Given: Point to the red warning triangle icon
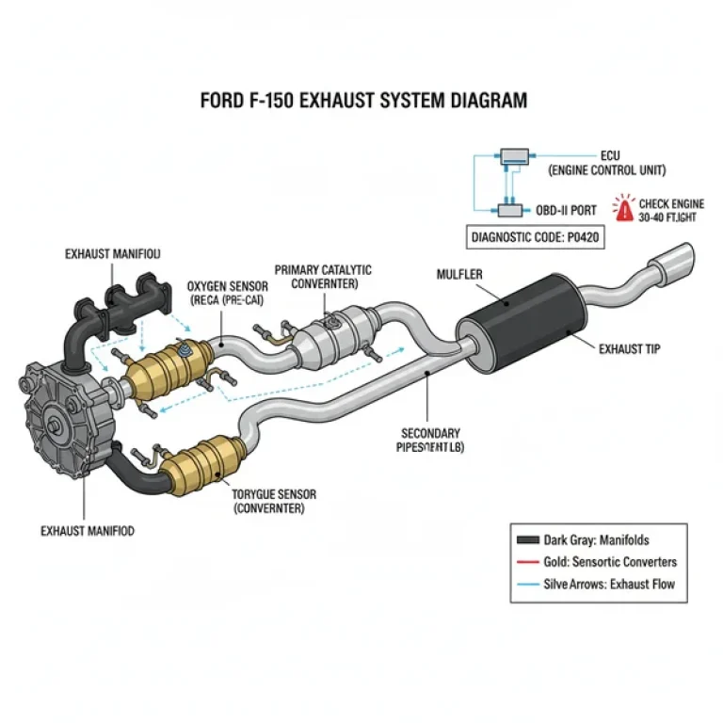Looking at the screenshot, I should [x=622, y=207].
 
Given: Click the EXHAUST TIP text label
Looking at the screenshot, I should [x=630, y=348].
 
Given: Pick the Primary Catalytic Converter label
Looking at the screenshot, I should [x=323, y=277].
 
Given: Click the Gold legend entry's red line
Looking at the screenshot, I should [x=526, y=562].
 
